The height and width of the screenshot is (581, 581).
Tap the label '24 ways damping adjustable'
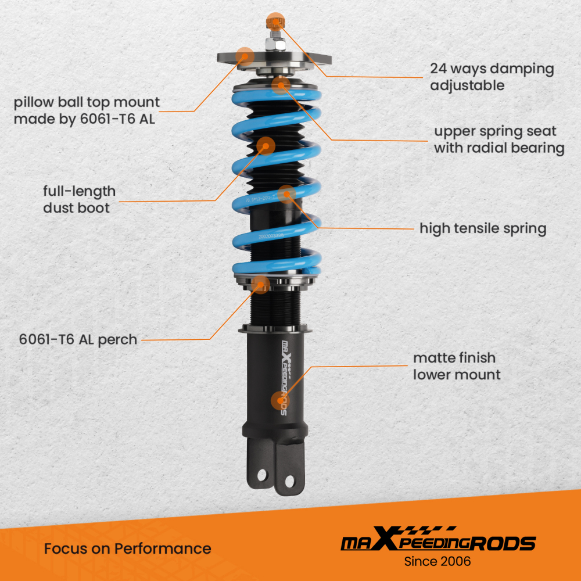tap(492, 77)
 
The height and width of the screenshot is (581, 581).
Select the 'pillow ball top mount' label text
tap(87, 111)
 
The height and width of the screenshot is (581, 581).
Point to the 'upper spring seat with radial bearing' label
tap(499, 139)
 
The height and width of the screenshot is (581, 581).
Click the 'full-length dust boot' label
tap(79, 199)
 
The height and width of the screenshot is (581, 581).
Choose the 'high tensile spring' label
tap(483, 228)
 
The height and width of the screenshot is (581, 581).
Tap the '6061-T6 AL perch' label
tap(78, 339)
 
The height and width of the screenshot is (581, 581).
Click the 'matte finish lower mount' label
tap(457, 366)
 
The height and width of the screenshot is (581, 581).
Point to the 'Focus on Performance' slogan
tap(127, 548)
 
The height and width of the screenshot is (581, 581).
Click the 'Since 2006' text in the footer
tap(437, 561)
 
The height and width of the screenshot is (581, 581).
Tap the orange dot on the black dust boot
tap(266, 145)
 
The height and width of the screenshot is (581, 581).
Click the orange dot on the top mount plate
tap(245, 56)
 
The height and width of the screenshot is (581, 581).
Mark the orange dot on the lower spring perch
tap(262, 284)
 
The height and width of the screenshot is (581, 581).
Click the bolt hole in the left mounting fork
tap(261, 475)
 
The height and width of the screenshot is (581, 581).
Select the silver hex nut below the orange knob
tap(274, 43)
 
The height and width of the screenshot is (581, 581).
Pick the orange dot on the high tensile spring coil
tap(286, 193)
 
